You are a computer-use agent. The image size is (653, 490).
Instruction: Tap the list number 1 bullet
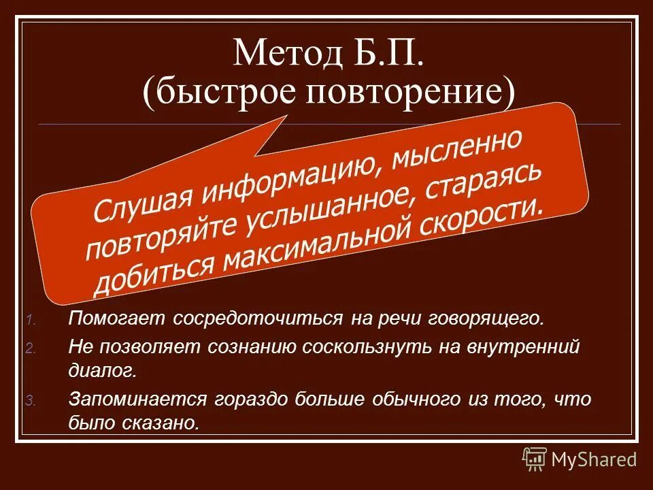[x=31, y=320]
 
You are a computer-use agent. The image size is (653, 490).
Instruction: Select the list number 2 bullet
[x=31, y=348]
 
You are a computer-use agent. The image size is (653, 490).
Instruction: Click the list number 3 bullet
[x=31, y=401]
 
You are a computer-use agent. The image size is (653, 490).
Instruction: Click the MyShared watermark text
[x=594, y=459]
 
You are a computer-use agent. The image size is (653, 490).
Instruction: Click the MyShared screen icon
[x=534, y=459]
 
